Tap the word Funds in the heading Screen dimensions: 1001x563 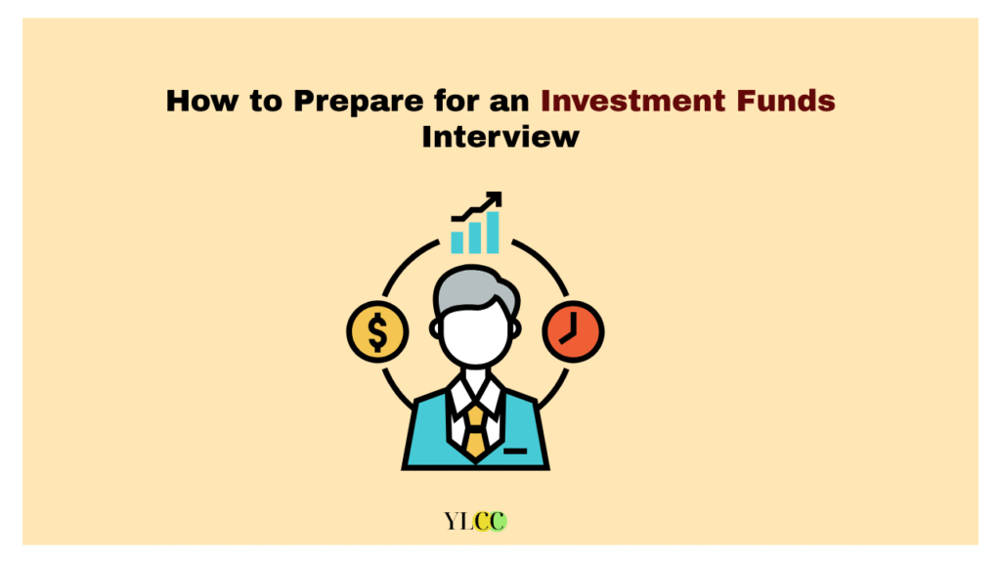click(786, 101)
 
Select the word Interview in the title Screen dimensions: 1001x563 click(500, 137)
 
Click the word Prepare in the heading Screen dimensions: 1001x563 click(358, 102)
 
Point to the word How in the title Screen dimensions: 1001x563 click(201, 101)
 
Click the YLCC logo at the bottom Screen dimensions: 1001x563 click(476, 522)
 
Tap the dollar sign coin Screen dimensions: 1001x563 click(377, 332)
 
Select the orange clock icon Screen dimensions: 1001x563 click(573, 332)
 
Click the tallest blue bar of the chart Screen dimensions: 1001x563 click(493, 233)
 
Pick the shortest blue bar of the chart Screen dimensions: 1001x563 click(457, 242)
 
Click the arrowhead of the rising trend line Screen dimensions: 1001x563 click(494, 199)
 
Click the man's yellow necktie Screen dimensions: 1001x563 click(476, 431)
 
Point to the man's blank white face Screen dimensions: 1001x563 click(476, 335)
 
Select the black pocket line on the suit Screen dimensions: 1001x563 click(515, 452)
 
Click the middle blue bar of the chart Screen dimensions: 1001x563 click(475, 238)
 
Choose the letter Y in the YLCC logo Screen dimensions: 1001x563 click(452, 522)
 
